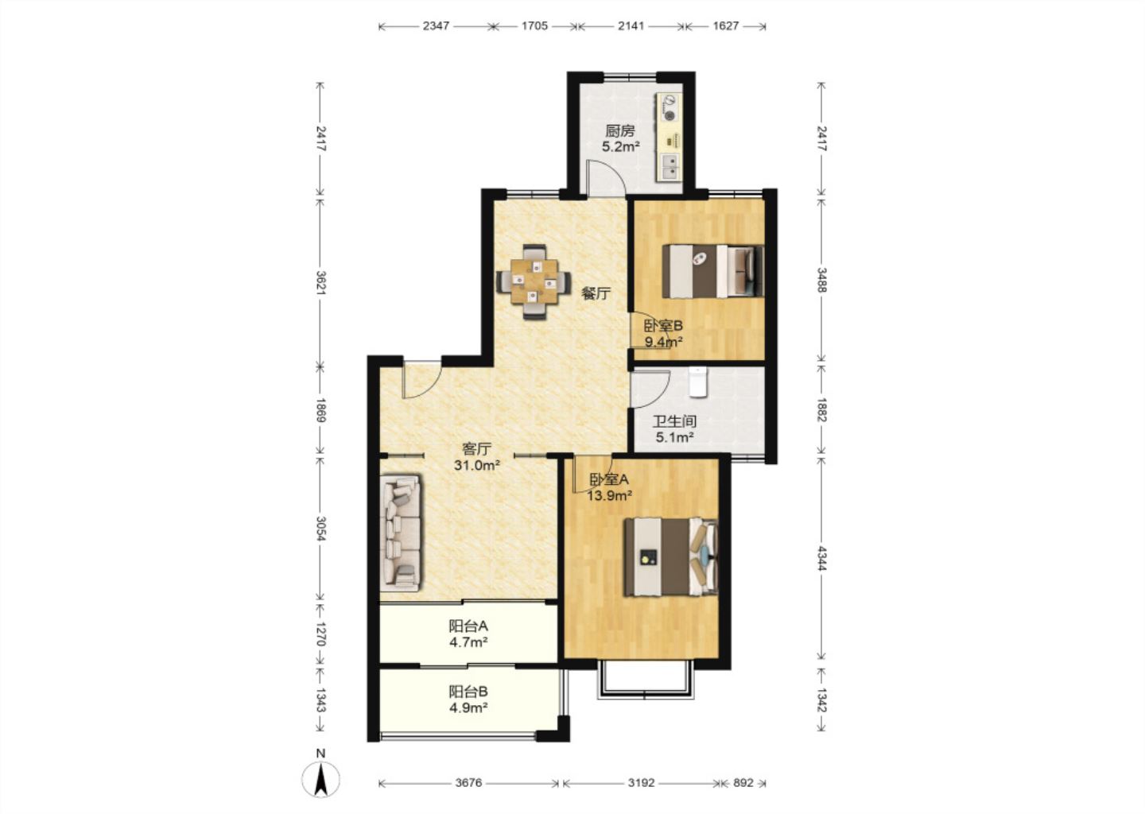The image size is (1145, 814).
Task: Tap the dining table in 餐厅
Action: tap(534, 282)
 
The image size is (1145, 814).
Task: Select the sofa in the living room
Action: tap(401, 533)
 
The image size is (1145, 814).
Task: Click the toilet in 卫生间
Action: tap(697, 382)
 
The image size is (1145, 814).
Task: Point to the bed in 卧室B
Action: tap(713, 271)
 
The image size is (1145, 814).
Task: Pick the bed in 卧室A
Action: tap(670, 557)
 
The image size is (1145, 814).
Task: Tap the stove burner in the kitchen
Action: tap(670, 115)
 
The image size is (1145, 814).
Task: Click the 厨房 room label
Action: tap(620, 131)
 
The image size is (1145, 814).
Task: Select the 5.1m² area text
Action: tap(674, 437)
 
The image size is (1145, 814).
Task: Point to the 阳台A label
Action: tap(468, 626)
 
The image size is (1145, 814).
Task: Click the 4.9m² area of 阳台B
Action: tap(468, 707)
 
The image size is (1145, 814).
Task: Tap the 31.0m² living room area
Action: tap(476, 465)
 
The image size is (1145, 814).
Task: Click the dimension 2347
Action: tap(436, 25)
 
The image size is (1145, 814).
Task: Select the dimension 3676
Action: tap(468, 783)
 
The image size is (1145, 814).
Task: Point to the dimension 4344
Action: tap(821, 558)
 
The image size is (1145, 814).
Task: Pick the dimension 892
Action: tap(743, 783)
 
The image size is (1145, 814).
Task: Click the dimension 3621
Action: tap(321, 282)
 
